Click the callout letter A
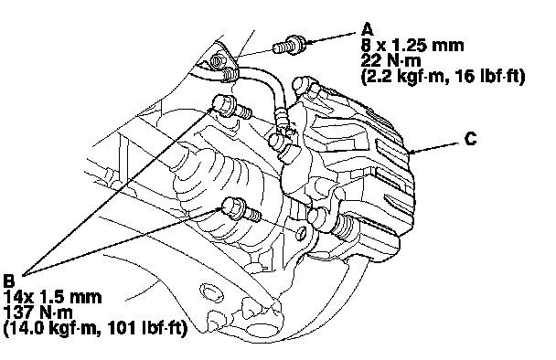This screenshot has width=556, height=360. click(x=368, y=29)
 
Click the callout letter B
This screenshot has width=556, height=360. click(x=9, y=281)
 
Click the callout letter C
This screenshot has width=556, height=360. click(x=471, y=139)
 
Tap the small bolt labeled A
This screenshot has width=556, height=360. click(x=289, y=46)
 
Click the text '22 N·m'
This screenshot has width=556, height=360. click(x=391, y=60)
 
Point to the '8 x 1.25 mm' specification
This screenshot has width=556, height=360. click(x=412, y=45)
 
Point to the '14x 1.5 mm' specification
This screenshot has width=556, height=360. click(x=52, y=296)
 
